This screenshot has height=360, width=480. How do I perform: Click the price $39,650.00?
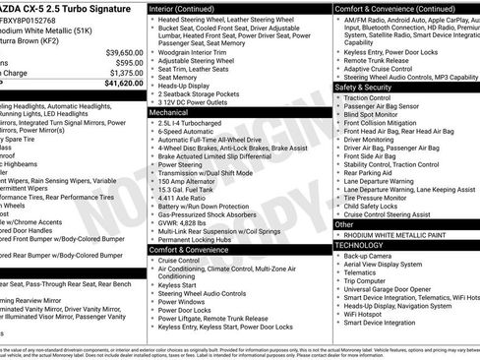(x=123, y=52)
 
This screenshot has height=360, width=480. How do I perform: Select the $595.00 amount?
(x=129, y=63)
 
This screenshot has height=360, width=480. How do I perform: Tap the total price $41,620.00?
(x=123, y=84)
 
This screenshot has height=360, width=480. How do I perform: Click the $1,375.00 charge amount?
(x=125, y=73)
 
